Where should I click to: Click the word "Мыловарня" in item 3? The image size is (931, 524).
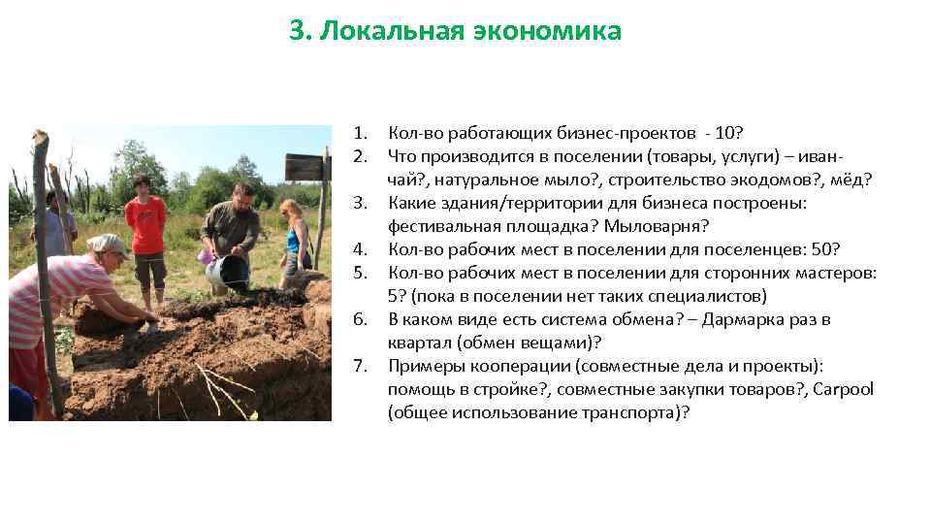pyautogui.click(x=667, y=226)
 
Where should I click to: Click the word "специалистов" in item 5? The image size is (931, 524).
pyautogui.click(x=661, y=296)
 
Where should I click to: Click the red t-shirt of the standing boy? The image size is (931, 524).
pyautogui.click(x=146, y=224)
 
